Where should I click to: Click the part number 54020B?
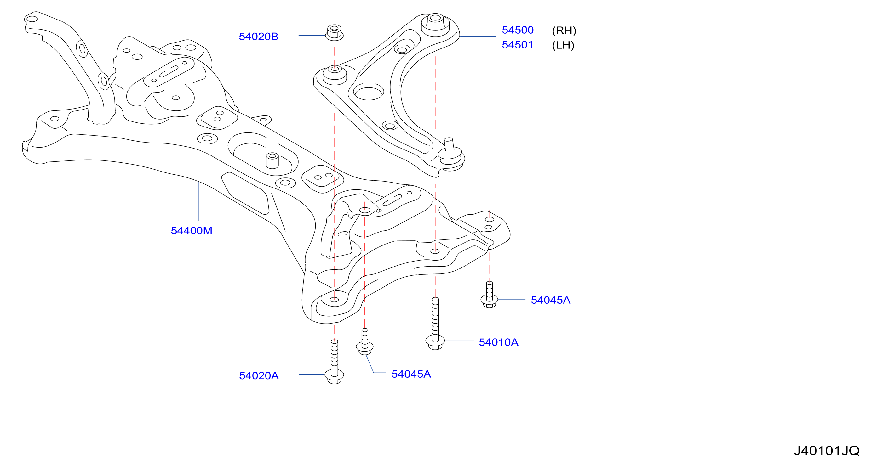click(x=258, y=37)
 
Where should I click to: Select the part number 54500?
click(x=518, y=30)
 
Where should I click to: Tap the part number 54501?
click(x=518, y=45)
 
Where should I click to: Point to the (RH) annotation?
click(x=564, y=31)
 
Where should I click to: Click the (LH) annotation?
click(x=563, y=45)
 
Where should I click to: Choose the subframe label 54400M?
click(x=192, y=231)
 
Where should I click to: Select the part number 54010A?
click(x=498, y=342)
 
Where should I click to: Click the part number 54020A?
click(x=259, y=375)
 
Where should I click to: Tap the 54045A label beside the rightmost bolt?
click(x=550, y=300)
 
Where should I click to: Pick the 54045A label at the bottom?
click(x=411, y=374)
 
